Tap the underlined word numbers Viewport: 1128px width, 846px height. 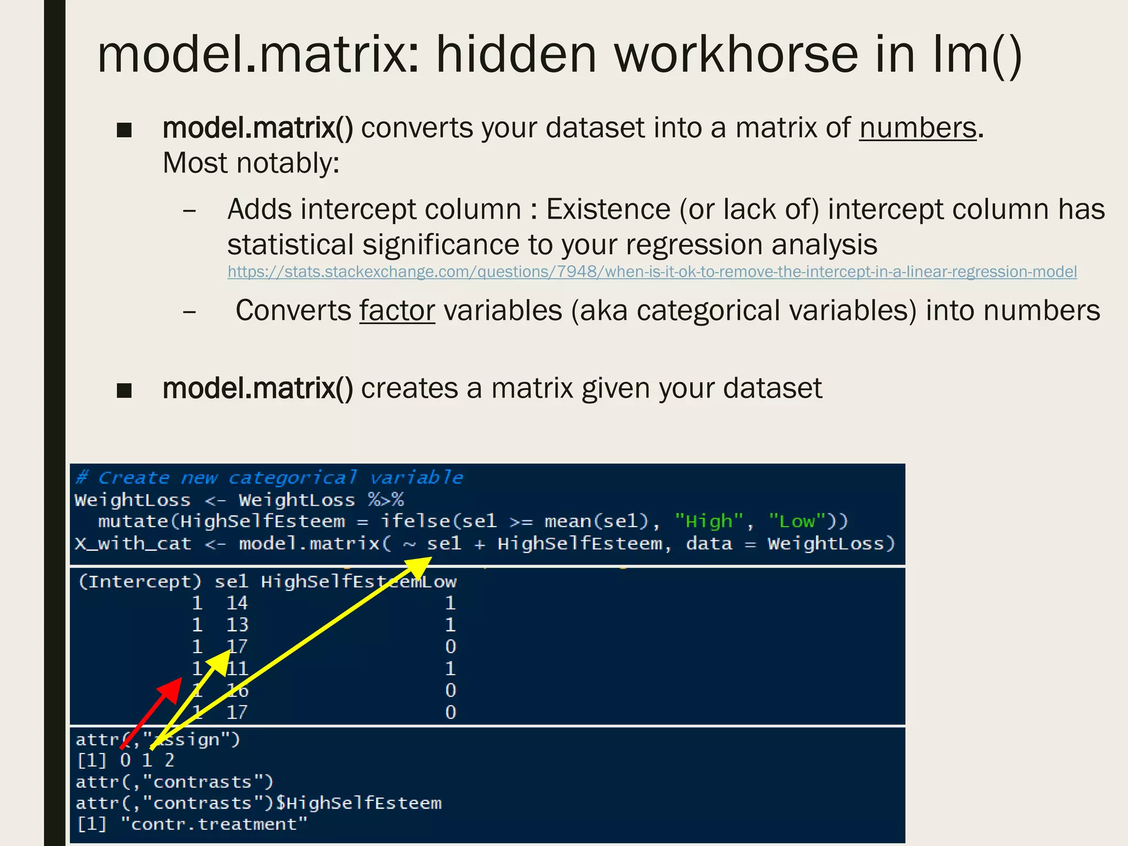click(x=918, y=129)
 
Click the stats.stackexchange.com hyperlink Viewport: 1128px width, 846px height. click(x=652, y=272)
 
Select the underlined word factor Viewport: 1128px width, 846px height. click(x=397, y=311)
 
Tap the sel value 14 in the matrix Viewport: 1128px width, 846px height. click(x=237, y=603)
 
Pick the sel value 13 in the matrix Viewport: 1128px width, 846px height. click(x=237, y=625)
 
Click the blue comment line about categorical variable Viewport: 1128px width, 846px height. click(x=269, y=478)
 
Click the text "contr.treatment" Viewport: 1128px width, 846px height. click(x=214, y=825)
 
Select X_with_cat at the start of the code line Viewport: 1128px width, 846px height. click(x=133, y=544)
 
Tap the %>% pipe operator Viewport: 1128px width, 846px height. click(x=386, y=500)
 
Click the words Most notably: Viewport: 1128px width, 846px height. click(x=251, y=164)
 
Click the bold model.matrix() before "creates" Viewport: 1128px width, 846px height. click(x=257, y=389)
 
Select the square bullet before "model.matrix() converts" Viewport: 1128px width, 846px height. click(x=124, y=131)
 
